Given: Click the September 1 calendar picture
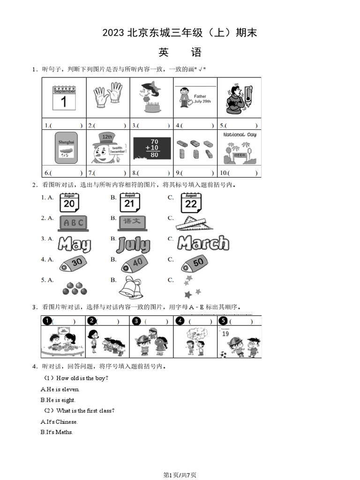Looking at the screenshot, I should point(64,97).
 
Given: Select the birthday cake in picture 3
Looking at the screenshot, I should point(152,107).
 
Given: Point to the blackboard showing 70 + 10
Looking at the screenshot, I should point(152,148).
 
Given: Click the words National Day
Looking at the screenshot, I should point(240,135).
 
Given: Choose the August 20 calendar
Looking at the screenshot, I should point(69,202).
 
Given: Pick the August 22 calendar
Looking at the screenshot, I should point(191,202).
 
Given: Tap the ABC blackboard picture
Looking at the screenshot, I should point(73,223).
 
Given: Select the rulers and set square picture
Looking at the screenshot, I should point(194,224).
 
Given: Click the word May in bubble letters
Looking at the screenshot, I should point(74,244).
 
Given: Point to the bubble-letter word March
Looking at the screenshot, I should point(203,243).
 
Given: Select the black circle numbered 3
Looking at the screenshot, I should point(136,321).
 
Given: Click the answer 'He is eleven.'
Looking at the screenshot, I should point(60,389).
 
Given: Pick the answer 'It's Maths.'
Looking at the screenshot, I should point(57,432).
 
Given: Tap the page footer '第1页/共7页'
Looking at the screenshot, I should point(180,475).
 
